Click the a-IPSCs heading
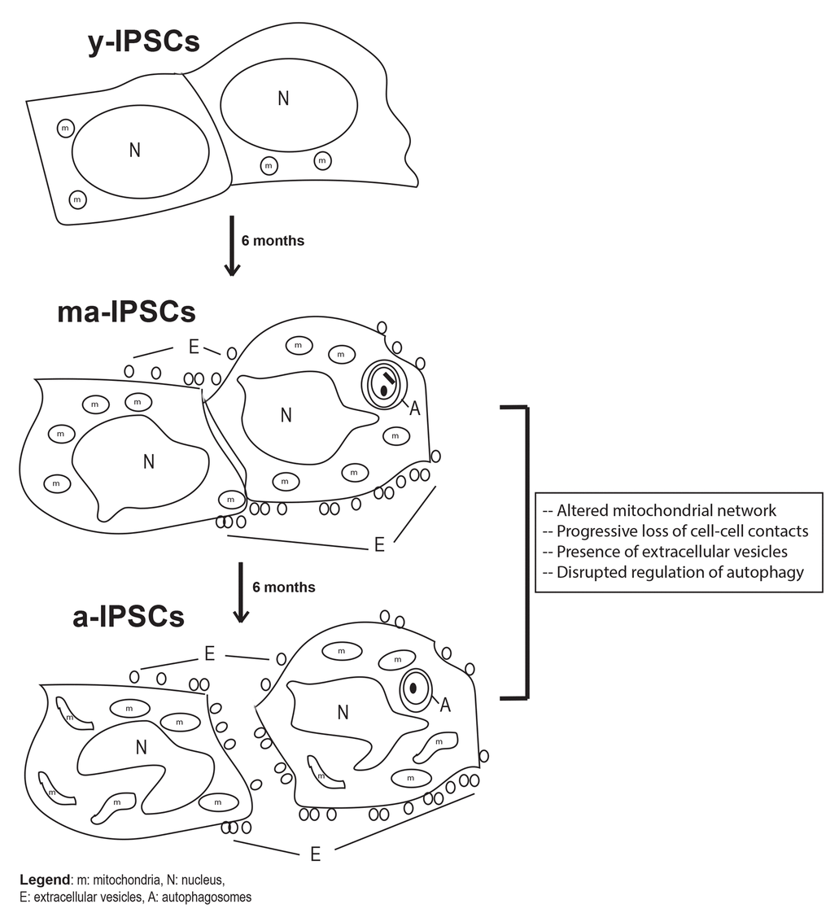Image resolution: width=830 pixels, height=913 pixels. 129,618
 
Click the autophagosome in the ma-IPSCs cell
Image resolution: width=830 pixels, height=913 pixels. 383,383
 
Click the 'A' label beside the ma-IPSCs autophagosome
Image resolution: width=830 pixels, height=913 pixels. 414,409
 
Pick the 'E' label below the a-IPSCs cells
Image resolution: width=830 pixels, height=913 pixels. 315,854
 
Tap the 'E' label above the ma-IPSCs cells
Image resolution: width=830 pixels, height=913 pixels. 194,347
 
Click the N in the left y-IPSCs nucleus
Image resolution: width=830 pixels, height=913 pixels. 134,151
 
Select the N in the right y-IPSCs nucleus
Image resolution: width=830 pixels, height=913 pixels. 283,98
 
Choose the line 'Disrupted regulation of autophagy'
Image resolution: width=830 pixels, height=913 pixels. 673,572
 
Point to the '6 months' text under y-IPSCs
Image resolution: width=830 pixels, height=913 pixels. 273,241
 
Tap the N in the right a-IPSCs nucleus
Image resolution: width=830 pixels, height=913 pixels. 343,713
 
